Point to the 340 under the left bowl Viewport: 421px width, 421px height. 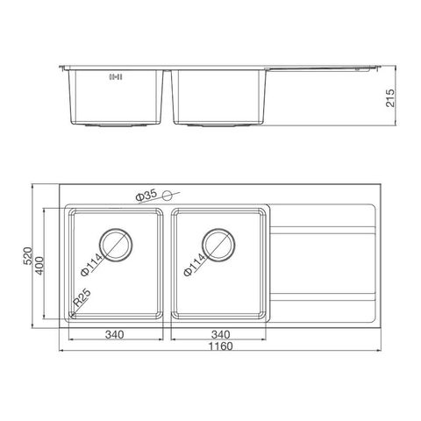click(114, 334)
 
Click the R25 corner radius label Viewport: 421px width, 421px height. click(82, 300)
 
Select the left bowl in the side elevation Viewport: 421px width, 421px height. click(116, 96)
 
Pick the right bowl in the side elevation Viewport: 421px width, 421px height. click(220, 96)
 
